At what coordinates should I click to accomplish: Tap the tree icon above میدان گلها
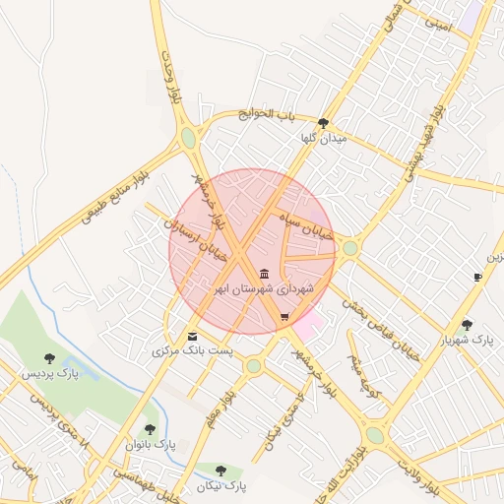(323, 123)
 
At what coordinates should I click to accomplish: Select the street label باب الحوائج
(266, 115)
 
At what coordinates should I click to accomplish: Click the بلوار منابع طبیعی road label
(114, 194)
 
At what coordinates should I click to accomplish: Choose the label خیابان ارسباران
(197, 240)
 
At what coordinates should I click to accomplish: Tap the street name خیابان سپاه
(307, 225)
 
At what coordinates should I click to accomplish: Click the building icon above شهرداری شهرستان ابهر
(263, 273)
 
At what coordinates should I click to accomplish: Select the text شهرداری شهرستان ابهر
(264, 289)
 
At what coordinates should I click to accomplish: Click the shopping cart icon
(284, 316)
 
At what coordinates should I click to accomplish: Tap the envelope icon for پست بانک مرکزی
(192, 337)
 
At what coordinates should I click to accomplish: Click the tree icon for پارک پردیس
(49, 358)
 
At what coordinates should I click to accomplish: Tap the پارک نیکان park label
(220, 486)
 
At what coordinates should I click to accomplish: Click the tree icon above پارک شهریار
(467, 324)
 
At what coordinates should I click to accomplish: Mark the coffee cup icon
(477, 278)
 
